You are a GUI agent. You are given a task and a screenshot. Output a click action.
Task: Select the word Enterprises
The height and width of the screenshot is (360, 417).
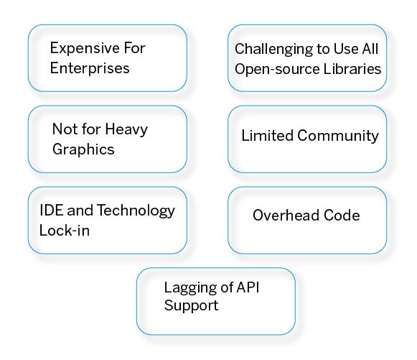pos(90,69)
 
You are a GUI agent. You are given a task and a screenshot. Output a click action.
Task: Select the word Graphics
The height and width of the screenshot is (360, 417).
pos(83,150)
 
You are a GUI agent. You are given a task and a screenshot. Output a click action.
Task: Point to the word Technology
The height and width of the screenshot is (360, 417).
pos(136,211)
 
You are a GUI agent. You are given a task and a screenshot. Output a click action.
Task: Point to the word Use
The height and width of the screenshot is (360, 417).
pos(350,50)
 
